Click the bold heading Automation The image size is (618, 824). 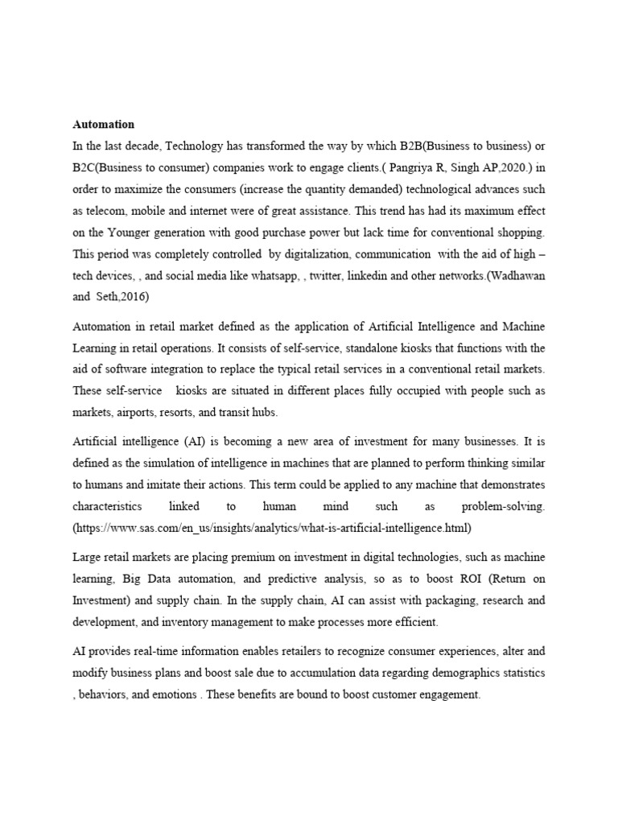point(104,125)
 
